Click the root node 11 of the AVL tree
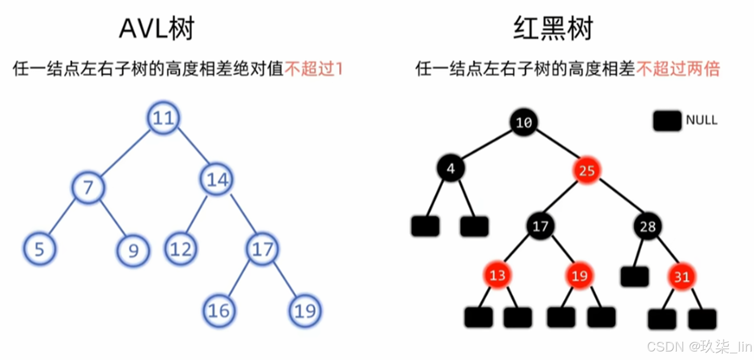click(164, 118)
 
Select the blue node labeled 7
click(88, 188)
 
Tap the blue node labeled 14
click(217, 180)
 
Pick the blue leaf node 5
click(40, 249)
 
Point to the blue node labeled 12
click(181, 249)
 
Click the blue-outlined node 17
click(262, 249)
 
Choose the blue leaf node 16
click(219, 311)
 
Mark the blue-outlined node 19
click(305, 311)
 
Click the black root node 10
click(524, 122)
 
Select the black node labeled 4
click(451, 169)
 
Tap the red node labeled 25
click(586, 170)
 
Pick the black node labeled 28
click(648, 227)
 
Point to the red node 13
click(497, 275)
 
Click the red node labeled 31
click(682, 277)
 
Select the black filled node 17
click(540, 226)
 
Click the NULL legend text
click(701, 120)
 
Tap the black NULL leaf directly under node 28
click(634, 276)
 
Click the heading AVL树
click(156, 29)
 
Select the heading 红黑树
click(553, 29)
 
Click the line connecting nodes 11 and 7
click(126, 153)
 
